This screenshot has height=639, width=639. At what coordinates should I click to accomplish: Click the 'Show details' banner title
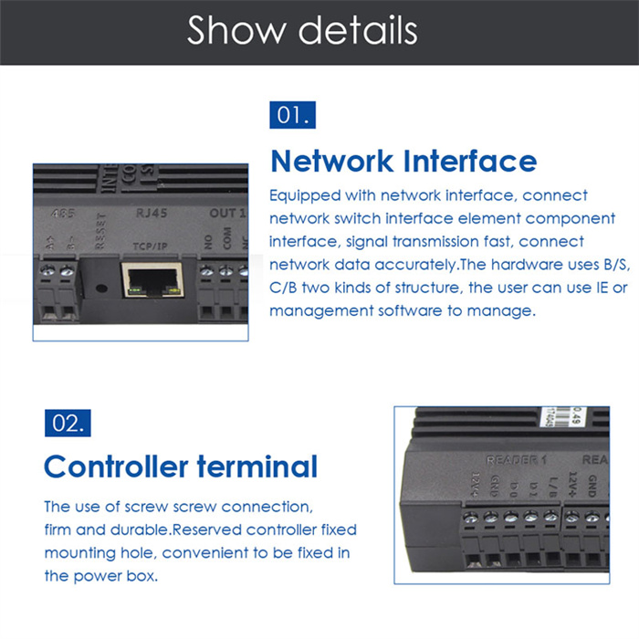(x=302, y=30)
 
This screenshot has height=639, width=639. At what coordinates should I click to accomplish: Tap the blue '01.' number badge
(x=295, y=116)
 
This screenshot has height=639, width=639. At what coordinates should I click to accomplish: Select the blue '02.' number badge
(x=68, y=423)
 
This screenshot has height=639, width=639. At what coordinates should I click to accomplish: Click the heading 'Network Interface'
(x=403, y=161)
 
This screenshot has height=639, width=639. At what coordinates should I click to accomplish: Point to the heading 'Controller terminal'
(x=181, y=466)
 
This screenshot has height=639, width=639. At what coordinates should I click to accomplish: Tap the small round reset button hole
(x=100, y=283)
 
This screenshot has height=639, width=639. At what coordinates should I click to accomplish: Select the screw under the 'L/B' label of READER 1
(x=550, y=518)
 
